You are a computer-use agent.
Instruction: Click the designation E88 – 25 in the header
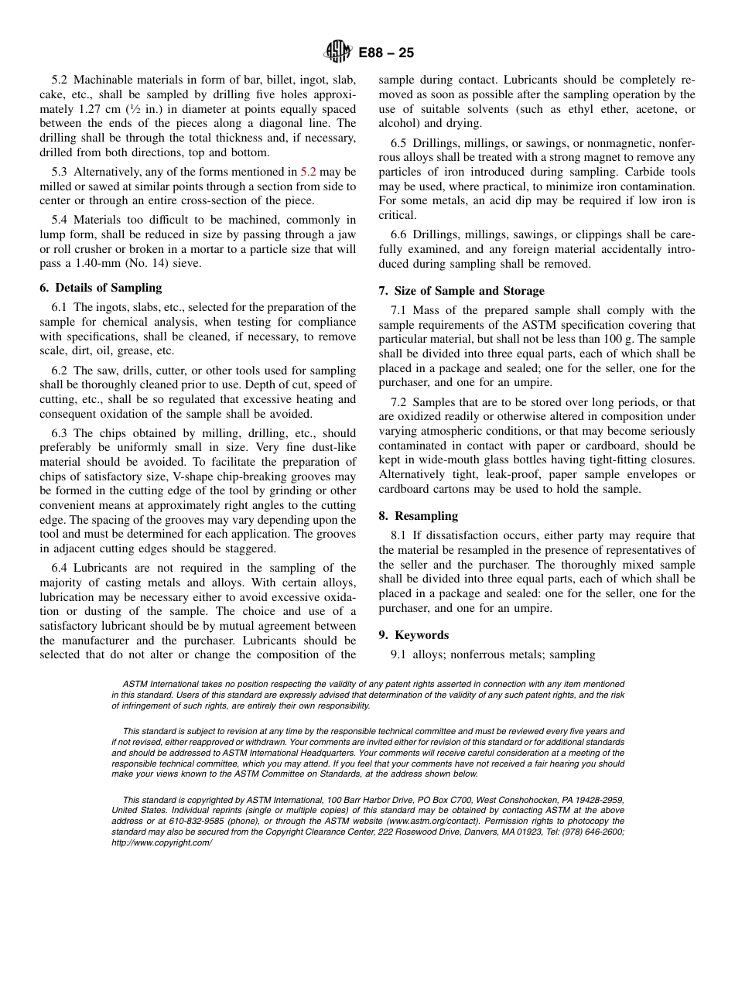pyautogui.click(x=386, y=53)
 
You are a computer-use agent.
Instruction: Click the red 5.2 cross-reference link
pyautogui.click(x=308, y=172)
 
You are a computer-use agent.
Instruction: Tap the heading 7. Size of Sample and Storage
pyautogui.click(x=461, y=291)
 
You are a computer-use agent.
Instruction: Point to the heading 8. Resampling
pyautogui.click(x=419, y=516)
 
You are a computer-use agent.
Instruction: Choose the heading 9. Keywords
pyautogui.click(x=414, y=635)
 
